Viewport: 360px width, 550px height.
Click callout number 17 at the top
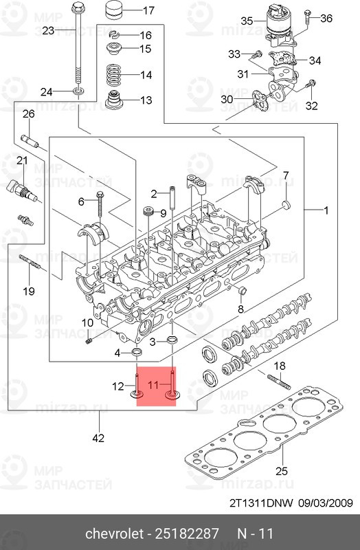(x=148, y=10)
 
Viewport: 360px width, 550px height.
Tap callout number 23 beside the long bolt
(x=48, y=30)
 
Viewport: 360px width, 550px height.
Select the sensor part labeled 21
(x=19, y=187)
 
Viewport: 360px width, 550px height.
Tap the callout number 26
(x=28, y=113)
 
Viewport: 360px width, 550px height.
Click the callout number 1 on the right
(x=327, y=210)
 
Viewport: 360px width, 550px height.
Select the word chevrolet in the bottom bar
(x=114, y=534)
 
